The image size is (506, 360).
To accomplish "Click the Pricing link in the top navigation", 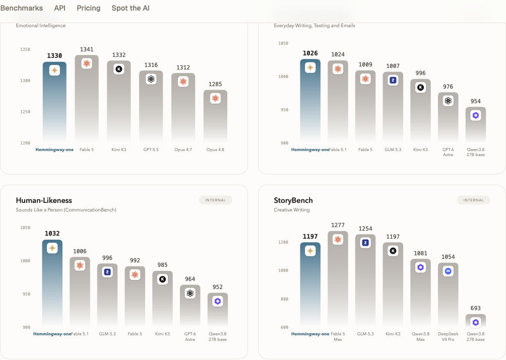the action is tap(88, 8).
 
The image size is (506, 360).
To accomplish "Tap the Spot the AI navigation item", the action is tap(131, 8).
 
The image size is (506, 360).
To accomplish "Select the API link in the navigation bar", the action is tap(59, 8).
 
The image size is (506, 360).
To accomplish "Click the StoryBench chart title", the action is tap(293, 200).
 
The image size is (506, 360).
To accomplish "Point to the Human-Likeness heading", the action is tap(44, 200).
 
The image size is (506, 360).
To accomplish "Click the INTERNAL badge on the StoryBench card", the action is tap(473, 200).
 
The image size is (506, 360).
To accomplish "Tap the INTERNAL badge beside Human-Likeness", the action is tap(216, 200).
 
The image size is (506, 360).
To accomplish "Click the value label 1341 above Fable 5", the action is tap(87, 49).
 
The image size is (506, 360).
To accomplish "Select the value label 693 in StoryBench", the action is tap(475, 308).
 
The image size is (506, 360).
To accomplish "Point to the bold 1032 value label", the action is tap(52, 233).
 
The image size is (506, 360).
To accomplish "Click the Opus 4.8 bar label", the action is tap(215, 150).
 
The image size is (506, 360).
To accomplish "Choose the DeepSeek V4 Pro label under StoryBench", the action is tap(448, 336).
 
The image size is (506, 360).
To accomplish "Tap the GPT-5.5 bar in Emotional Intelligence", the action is tap(151, 106).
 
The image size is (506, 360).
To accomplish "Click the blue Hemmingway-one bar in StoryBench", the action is tap(310, 284).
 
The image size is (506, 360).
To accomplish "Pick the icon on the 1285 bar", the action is tap(215, 98).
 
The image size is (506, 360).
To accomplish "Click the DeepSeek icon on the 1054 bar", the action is tap(448, 271).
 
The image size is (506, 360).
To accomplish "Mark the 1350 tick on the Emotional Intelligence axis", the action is tap(25, 49).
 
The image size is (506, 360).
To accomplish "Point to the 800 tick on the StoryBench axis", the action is tap(284, 299).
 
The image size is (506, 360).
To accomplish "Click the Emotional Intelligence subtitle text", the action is tap(41, 26).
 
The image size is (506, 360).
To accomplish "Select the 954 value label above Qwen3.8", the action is tap(475, 101).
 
